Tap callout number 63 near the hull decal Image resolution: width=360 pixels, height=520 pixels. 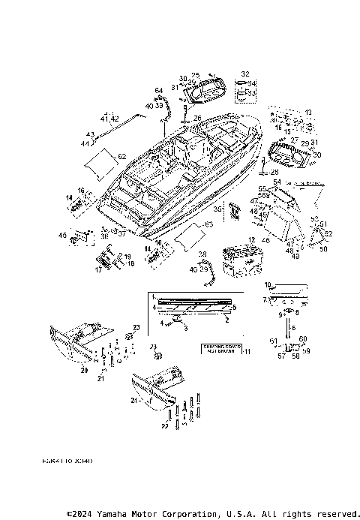coord(208,224)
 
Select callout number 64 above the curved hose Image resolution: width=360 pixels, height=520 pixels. coord(158,91)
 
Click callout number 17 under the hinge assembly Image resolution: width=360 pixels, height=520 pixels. coord(97,270)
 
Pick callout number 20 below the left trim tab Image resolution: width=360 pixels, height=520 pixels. coord(84,370)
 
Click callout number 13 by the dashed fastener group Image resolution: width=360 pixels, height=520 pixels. coord(307,112)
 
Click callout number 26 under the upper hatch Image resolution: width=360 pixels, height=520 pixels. coord(197,118)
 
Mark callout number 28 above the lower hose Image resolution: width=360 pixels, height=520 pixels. coord(202,255)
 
